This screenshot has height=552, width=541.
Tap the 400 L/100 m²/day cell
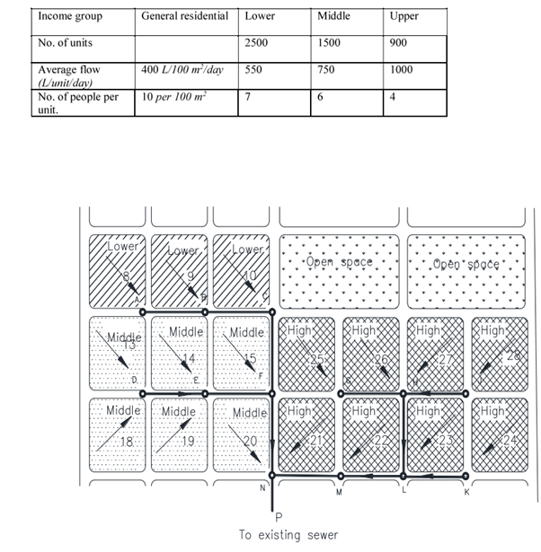coord(179,69)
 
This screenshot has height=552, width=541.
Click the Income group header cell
coord(70,16)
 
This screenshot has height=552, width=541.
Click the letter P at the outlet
coord(279,516)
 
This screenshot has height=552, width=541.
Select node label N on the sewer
coord(262,488)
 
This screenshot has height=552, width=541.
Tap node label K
coord(466,493)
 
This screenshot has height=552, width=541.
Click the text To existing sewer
coord(288,535)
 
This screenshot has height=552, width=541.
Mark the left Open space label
coord(339,263)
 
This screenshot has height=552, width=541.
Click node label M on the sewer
coord(339,493)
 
